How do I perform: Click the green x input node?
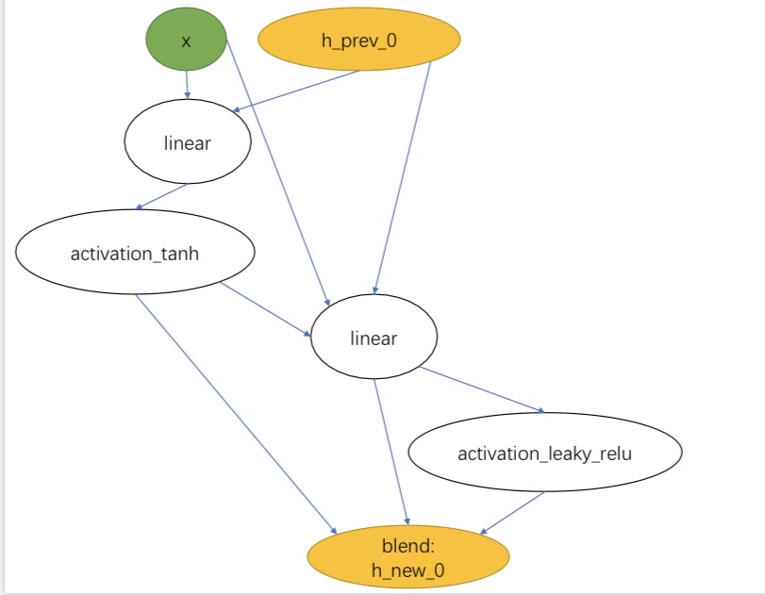[186, 41]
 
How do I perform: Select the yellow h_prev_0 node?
[359, 40]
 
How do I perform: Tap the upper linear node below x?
[188, 142]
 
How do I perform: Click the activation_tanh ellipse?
[135, 255]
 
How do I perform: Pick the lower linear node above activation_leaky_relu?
[374, 338]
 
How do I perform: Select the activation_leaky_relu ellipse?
[544, 454]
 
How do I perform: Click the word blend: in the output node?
[407, 546]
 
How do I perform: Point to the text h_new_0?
[407, 570]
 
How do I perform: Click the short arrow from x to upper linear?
[187, 85]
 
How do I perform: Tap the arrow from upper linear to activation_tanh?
[163, 197]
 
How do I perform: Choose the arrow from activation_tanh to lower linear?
[266, 308]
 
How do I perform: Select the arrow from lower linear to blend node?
[391, 451]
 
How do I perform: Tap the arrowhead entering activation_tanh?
[141, 207]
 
